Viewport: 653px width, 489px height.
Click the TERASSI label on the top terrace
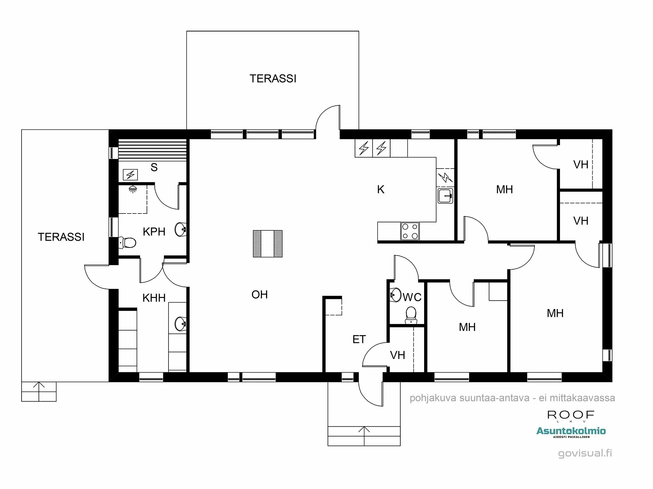(273, 79)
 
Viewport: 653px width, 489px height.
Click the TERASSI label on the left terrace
(61, 237)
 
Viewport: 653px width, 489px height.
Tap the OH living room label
(260, 295)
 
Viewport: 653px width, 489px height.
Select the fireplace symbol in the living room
(268, 244)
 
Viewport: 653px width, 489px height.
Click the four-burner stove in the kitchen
(410, 231)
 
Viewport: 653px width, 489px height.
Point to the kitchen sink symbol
(445, 196)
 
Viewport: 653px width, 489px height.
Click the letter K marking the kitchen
(381, 189)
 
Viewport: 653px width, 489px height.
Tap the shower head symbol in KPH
(133, 189)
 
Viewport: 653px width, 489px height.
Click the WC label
(412, 297)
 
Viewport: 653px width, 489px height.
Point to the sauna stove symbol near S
(130, 175)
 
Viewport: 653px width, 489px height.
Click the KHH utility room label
(154, 298)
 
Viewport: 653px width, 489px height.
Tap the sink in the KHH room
(180, 323)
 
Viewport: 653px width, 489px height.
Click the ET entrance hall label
(359, 340)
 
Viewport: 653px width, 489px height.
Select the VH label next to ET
(397, 355)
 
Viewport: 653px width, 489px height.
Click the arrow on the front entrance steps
(364, 430)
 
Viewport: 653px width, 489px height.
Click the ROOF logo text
(571, 415)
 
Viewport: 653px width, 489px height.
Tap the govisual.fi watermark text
(585, 453)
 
